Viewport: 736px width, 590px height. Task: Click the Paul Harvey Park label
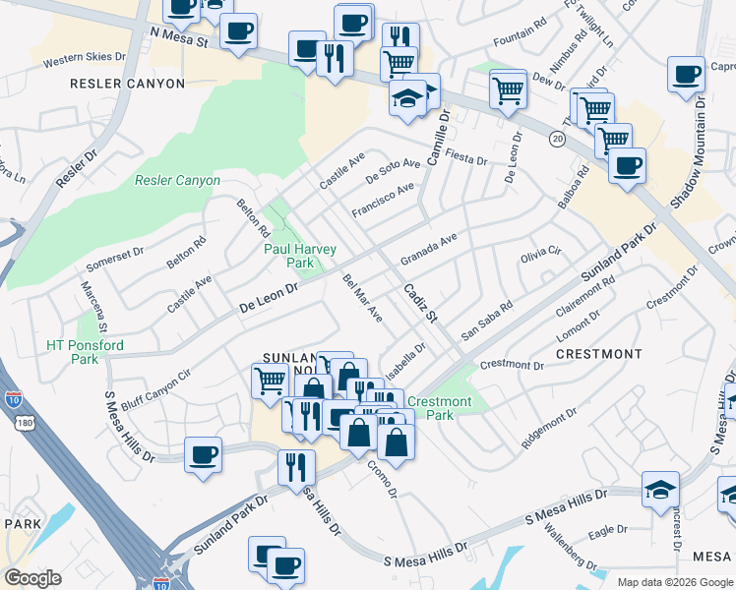pyautogui.click(x=288, y=256)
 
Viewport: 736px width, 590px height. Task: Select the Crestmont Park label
pyautogui.click(x=439, y=408)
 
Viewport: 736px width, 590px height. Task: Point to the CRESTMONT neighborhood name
pyautogui.click(x=599, y=353)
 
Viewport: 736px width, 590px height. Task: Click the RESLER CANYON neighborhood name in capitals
pyautogui.click(x=128, y=84)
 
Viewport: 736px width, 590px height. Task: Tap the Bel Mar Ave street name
pyautogui.click(x=361, y=298)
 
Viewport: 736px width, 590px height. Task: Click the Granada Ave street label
pyautogui.click(x=429, y=250)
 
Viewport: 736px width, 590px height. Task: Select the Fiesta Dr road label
pyautogui.click(x=466, y=158)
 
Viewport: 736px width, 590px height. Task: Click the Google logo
pyautogui.click(x=33, y=577)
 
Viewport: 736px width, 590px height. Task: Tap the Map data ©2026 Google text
pyautogui.click(x=674, y=582)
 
